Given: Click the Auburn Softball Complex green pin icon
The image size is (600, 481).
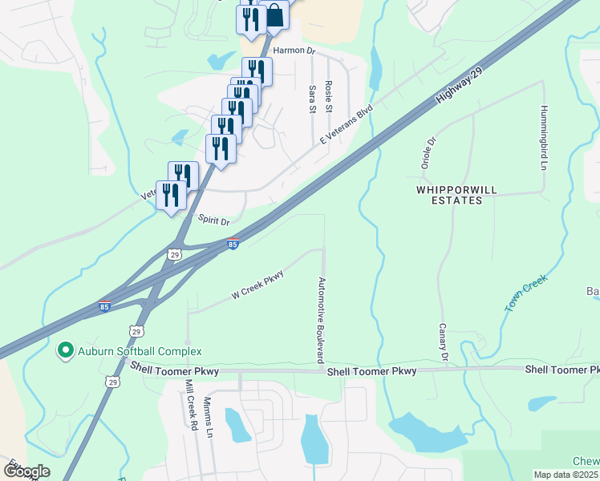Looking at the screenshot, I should tap(64, 350).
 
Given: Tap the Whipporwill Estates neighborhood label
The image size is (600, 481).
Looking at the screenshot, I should tap(449, 195).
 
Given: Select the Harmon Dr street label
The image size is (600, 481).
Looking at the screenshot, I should tap(294, 50).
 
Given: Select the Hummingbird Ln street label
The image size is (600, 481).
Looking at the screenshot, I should tap(544, 138).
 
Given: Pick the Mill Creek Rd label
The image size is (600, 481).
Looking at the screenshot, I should tap(191, 405).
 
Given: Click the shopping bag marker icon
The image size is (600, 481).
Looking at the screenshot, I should tap(274, 16).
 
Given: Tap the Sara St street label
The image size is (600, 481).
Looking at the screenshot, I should tap(312, 101).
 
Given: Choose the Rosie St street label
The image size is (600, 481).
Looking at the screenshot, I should tap(328, 95).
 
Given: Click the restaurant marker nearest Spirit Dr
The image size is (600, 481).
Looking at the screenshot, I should tap(171, 195).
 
